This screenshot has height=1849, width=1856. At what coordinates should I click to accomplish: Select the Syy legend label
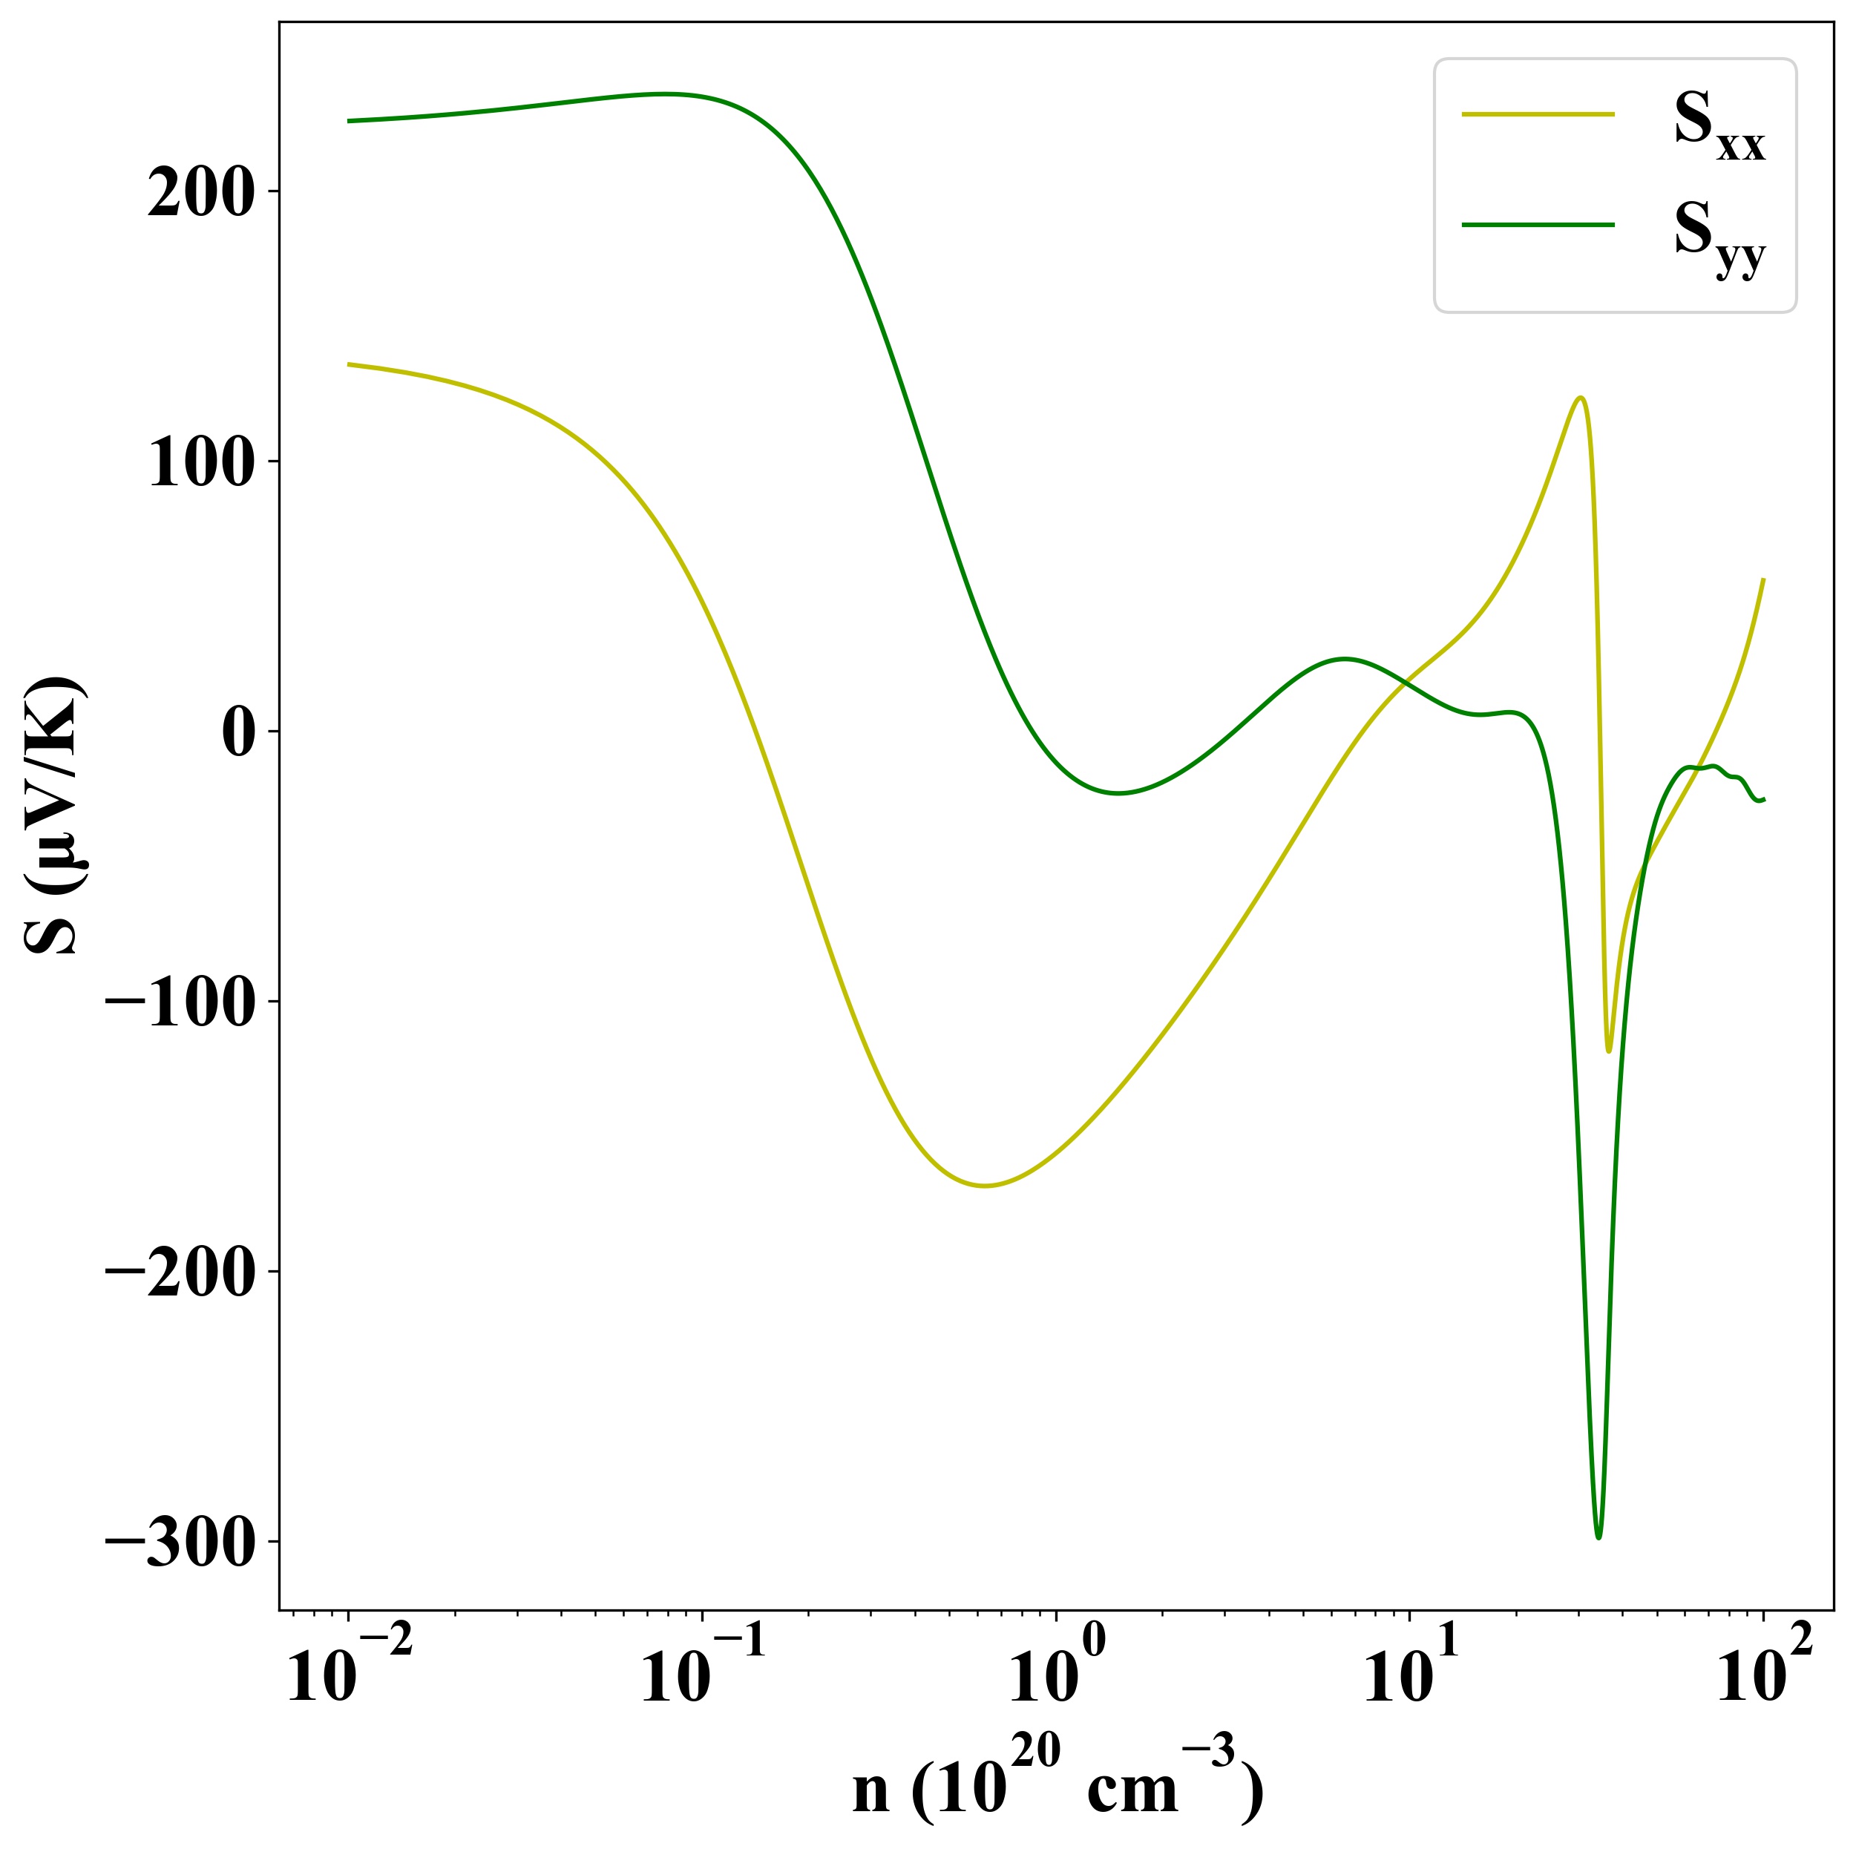[1719, 240]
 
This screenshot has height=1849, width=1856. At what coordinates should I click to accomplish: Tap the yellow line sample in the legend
[1538, 114]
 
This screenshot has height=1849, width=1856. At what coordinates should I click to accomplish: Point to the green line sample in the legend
[1538, 225]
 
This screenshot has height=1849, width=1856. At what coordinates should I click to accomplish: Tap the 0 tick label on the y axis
[248, 733]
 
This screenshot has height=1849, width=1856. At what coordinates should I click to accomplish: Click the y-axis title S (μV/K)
[56, 816]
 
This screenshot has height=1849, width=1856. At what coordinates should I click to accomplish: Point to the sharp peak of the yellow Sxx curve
[1579, 398]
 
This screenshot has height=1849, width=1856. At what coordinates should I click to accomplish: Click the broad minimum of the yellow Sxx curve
[985, 1185]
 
